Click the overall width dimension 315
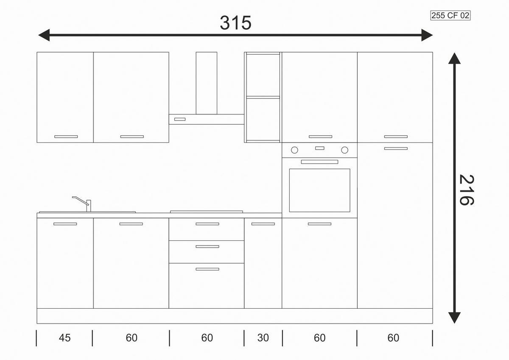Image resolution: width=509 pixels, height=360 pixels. [x=236, y=23]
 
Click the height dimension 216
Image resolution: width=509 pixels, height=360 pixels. [x=466, y=190]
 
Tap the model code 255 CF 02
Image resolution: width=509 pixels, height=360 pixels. [x=450, y=15]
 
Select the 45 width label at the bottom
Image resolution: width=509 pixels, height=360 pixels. [x=64, y=338]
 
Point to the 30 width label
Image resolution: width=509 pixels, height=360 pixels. [x=263, y=338]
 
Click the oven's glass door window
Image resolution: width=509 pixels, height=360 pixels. [x=319, y=190]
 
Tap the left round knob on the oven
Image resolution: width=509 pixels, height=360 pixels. [x=294, y=150]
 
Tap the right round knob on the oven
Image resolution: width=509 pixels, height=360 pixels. [x=344, y=150]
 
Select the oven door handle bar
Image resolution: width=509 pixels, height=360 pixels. [x=319, y=162]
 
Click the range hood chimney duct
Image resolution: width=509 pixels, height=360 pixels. [x=206, y=83]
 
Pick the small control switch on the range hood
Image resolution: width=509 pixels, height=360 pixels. [x=180, y=119]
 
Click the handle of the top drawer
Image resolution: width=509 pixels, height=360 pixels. [x=207, y=224]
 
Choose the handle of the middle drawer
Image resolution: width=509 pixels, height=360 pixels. [x=207, y=246]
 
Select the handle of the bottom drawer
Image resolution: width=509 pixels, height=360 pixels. [x=207, y=269]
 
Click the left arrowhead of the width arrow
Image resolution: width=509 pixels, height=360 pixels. [x=44, y=35]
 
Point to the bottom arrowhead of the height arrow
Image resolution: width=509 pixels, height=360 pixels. [x=454, y=318]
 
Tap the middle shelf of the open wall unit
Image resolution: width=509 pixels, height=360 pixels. [x=263, y=98]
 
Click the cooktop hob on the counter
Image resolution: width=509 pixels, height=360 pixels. [x=206, y=212]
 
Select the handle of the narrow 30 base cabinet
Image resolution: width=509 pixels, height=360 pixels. [x=263, y=224]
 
